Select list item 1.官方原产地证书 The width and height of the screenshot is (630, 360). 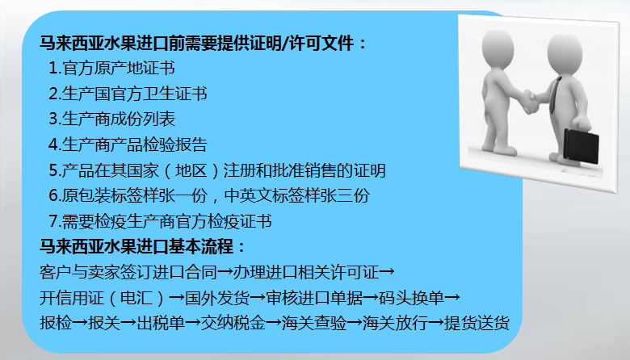[111, 69]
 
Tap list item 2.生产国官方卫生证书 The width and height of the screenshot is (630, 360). [128, 94]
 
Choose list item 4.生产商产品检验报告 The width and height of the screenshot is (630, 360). [128, 145]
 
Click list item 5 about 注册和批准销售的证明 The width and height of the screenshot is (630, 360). [216, 171]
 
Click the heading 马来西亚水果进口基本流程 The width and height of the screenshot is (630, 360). [142, 246]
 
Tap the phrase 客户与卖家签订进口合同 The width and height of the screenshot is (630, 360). [128, 271]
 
